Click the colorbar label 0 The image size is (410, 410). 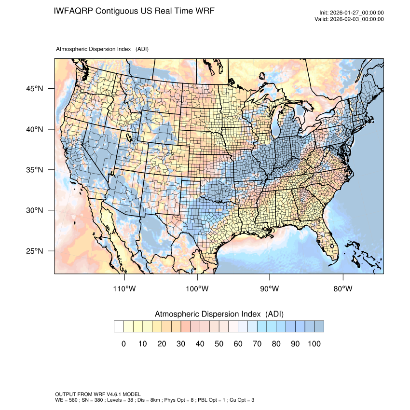pos(123,344)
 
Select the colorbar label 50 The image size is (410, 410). pos(219,344)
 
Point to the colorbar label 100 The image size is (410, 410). pos(314,344)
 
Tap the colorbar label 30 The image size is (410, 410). pos(181,344)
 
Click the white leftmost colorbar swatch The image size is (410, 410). pos(119,327)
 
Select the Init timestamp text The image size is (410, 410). pos(352,13)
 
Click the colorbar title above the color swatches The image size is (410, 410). pos(219,314)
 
